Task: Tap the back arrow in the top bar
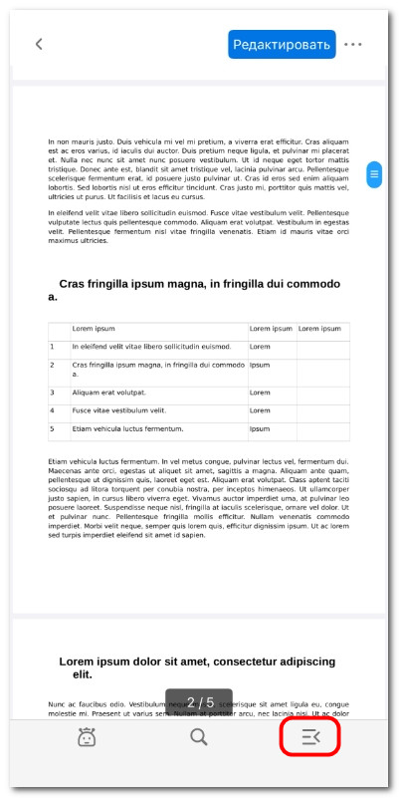pos(39,44)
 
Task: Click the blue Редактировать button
pos(282,44)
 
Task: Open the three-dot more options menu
pos(353,44)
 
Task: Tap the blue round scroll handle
pos(374,174)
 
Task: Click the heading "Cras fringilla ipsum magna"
pos(199,289)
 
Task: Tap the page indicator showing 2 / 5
pos(199,702)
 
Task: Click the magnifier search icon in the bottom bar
pos(199,737)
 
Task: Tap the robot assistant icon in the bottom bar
pos(88,737)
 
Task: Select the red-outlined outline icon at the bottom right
pos(310,737)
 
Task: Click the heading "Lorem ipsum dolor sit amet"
pos(197,667)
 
